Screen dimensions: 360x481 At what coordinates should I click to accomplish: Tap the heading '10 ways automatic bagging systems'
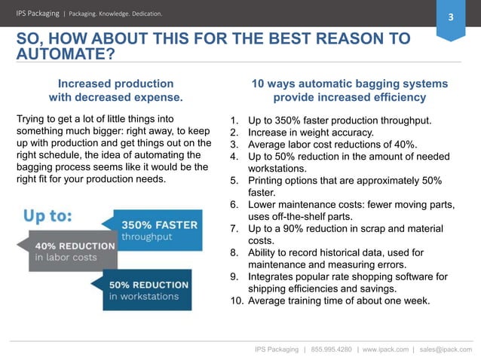click(349, 84)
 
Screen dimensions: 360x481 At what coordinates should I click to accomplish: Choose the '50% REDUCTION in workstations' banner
click(148, 289)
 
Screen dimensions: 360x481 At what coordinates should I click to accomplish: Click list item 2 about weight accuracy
click(312, 133)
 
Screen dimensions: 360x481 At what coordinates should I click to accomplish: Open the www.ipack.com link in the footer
click(385, 349)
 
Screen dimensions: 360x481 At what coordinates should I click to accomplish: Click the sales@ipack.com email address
click(446, 349)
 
